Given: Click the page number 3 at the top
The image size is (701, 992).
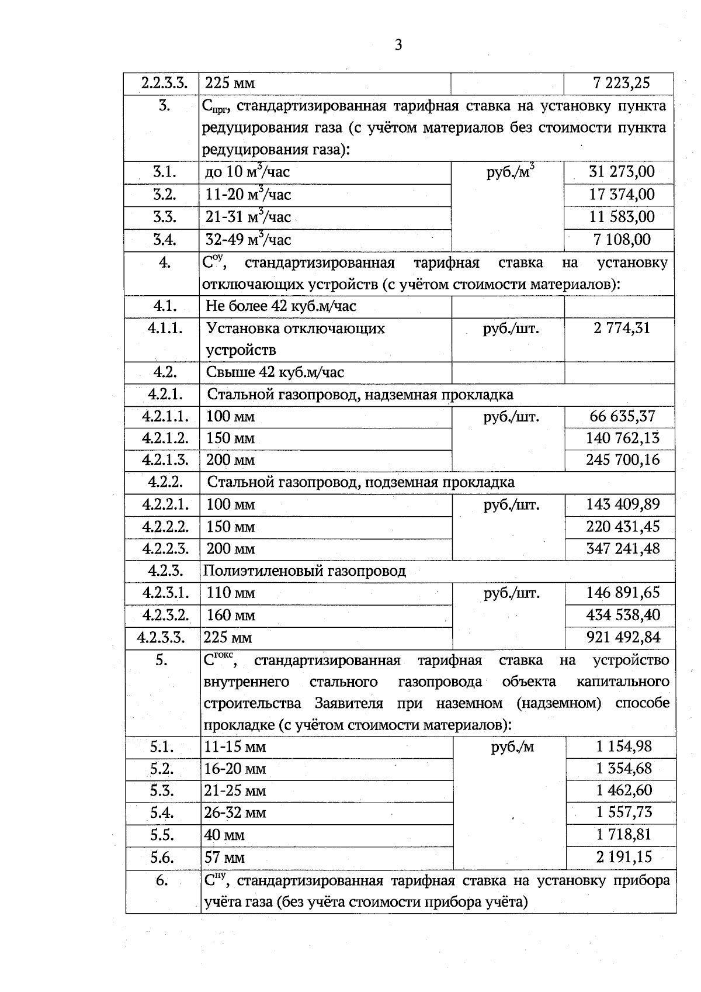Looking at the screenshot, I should point(398,45).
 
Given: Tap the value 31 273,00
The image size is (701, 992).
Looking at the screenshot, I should point(622,172).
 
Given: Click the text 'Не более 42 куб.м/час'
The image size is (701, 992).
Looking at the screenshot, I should point(281,306).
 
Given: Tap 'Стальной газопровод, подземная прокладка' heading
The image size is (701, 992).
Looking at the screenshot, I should point(361,482).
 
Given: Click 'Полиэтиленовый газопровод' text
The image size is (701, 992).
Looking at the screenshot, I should point(304,571).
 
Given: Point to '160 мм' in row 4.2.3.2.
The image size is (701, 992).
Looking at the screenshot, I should point(231,616).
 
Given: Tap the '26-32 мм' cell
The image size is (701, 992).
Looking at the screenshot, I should point(235,813).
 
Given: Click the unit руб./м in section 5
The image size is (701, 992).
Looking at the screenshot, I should point(512,746).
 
